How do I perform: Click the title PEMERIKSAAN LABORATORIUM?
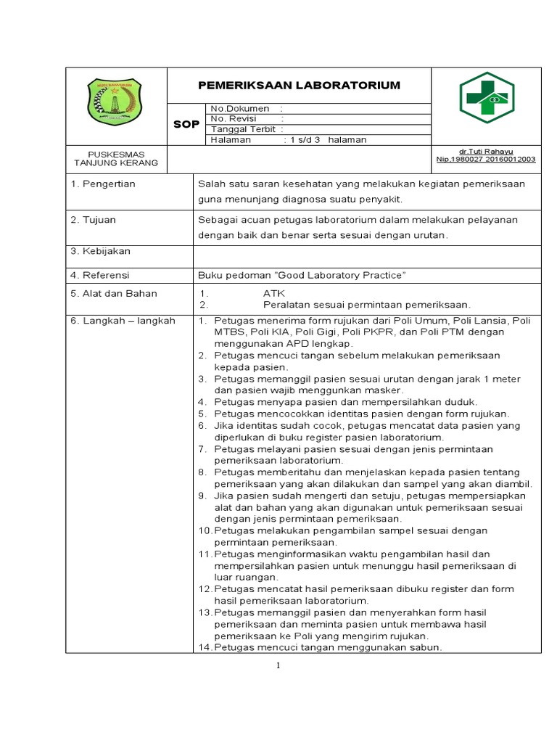[x=299, y=86]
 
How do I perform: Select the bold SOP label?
[x=186, y=125]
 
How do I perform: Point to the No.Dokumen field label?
[x=239, y=108]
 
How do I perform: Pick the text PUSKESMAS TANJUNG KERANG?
[x=116, y=158]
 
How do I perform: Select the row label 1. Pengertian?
[x=103, y=184]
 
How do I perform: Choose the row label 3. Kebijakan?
[x=100, y=251]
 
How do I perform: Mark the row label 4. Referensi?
[x=101, y=276]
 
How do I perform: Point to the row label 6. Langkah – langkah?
[x=123, y=321]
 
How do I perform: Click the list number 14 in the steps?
[x=204, y=647]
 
